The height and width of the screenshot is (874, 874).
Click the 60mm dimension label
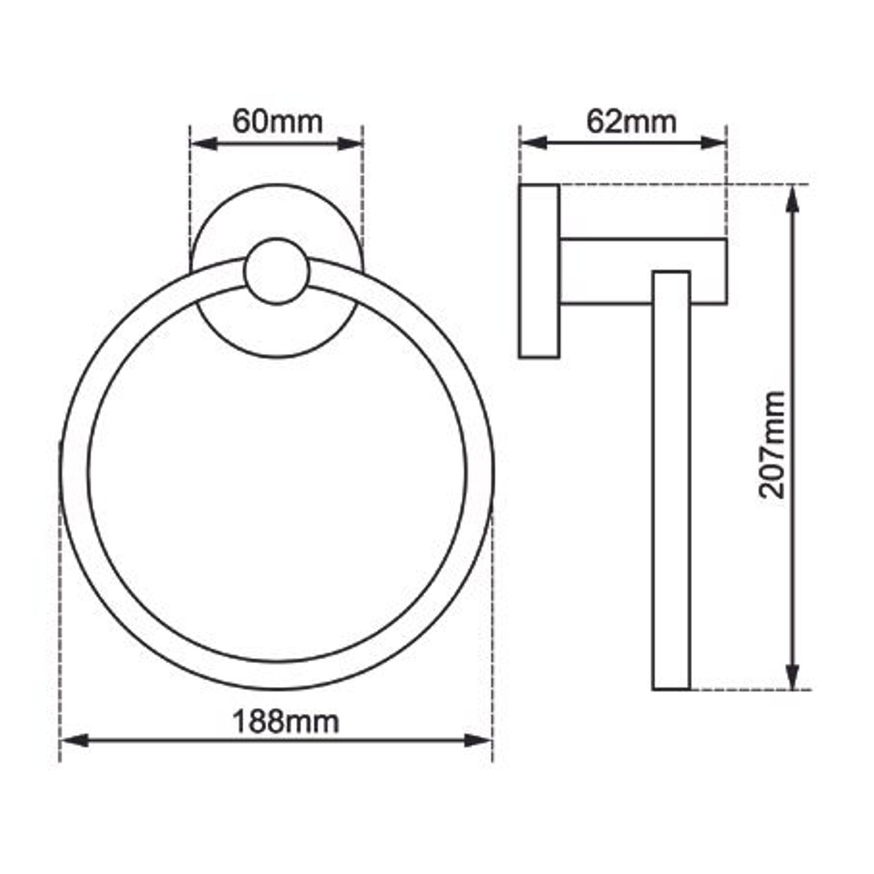[277, 122]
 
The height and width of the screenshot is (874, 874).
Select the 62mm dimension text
[632, 122]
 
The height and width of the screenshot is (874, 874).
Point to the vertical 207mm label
[772, 445]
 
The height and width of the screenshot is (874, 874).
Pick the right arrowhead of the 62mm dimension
[713, 142]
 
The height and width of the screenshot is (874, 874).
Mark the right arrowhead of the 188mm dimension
[478, 740]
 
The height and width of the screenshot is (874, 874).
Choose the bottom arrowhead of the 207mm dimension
[793, 676]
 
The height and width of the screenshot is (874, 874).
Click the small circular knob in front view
[277, 271]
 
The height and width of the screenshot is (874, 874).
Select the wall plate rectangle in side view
[539, 271]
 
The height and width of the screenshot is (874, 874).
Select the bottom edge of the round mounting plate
[277, 357]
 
